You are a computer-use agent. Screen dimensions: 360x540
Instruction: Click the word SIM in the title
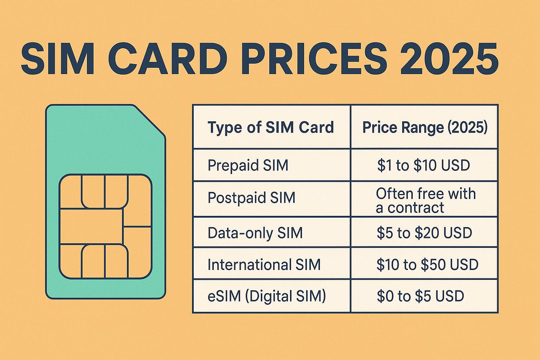tap(58, 58)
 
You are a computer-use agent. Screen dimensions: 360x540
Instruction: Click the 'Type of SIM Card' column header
tap(271, 127)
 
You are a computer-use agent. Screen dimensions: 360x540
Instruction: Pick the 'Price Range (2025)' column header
tap(425, 127)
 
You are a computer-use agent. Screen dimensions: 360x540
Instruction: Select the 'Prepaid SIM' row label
tap(248, 165)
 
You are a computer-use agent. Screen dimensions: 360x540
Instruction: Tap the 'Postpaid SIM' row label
tap(251, 198)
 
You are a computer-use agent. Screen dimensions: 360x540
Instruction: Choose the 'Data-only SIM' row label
tap(255, 233)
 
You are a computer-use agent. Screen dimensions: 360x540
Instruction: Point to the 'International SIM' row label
tap(264, 264)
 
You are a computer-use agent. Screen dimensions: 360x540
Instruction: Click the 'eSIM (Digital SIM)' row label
tap(267, 296)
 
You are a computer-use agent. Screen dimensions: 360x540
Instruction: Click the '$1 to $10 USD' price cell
tap(423, 165)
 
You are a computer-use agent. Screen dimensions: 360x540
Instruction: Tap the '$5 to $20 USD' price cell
tap(424, 233)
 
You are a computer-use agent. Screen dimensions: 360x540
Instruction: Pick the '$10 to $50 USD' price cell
tap(427, 264)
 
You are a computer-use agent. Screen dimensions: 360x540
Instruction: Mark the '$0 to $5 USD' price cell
tap(420, 296)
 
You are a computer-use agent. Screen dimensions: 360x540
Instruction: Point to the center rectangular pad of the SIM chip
tap(91, 226)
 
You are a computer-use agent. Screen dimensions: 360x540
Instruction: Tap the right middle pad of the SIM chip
tap(137, 246)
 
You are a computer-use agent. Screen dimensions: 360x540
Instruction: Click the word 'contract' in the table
tap(416, 208)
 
